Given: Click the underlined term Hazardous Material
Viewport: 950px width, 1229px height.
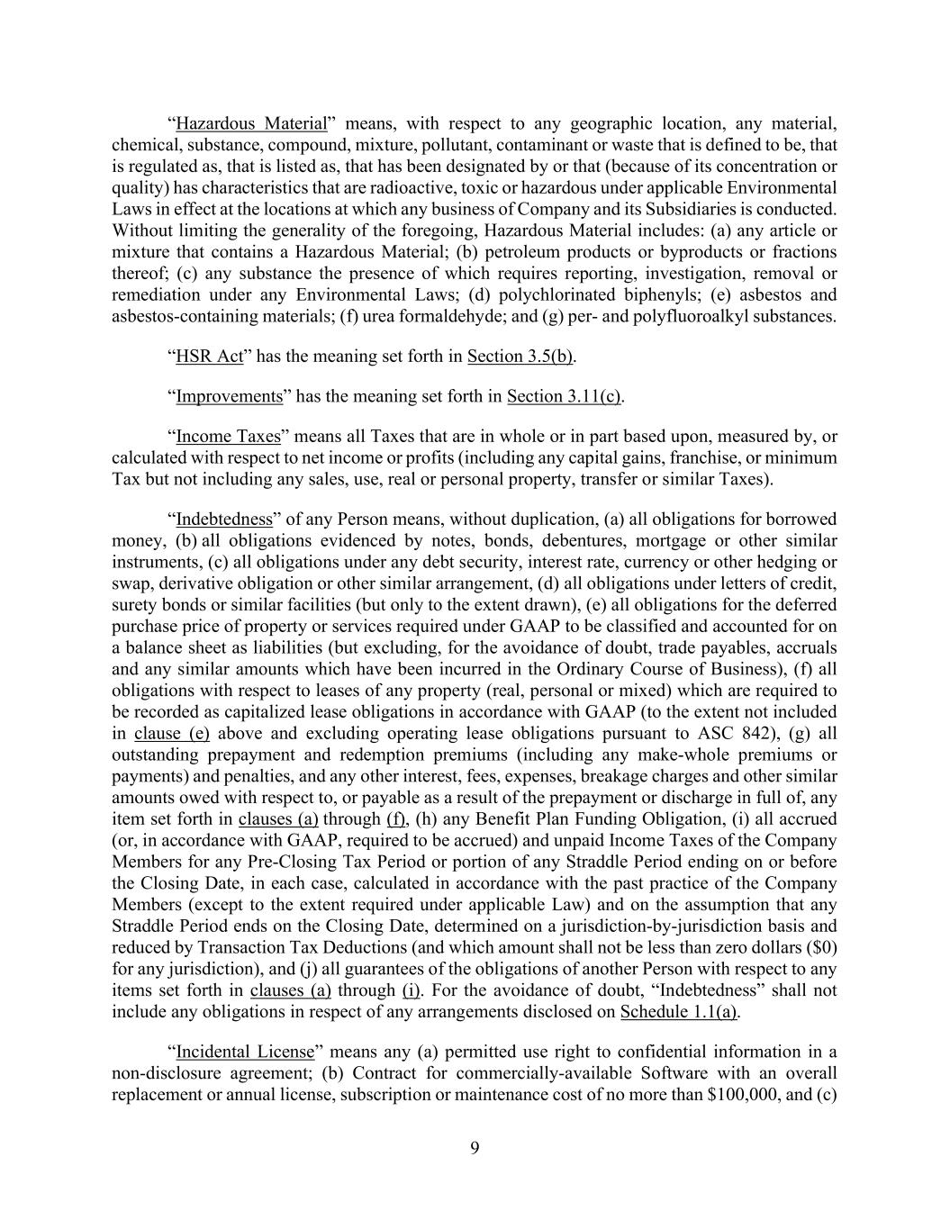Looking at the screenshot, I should pyautogui.click(x=250, y=123).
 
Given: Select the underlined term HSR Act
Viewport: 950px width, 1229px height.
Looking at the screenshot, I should pyautogui.click(x=209, y=357).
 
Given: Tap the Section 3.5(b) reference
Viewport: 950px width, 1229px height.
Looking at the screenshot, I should pyautogui.click(x=520, y=357).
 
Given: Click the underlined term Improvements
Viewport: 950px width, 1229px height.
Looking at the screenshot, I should pyautogui.click(x=229, y=397).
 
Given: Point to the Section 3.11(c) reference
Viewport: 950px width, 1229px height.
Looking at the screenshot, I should pyautogui.click(x=564, y=397).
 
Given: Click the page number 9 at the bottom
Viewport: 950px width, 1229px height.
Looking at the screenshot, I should pyautogui.click(x=475, y=1147).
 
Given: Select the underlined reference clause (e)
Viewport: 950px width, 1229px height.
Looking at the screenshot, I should pyautogui.click(x=171, y=734).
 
